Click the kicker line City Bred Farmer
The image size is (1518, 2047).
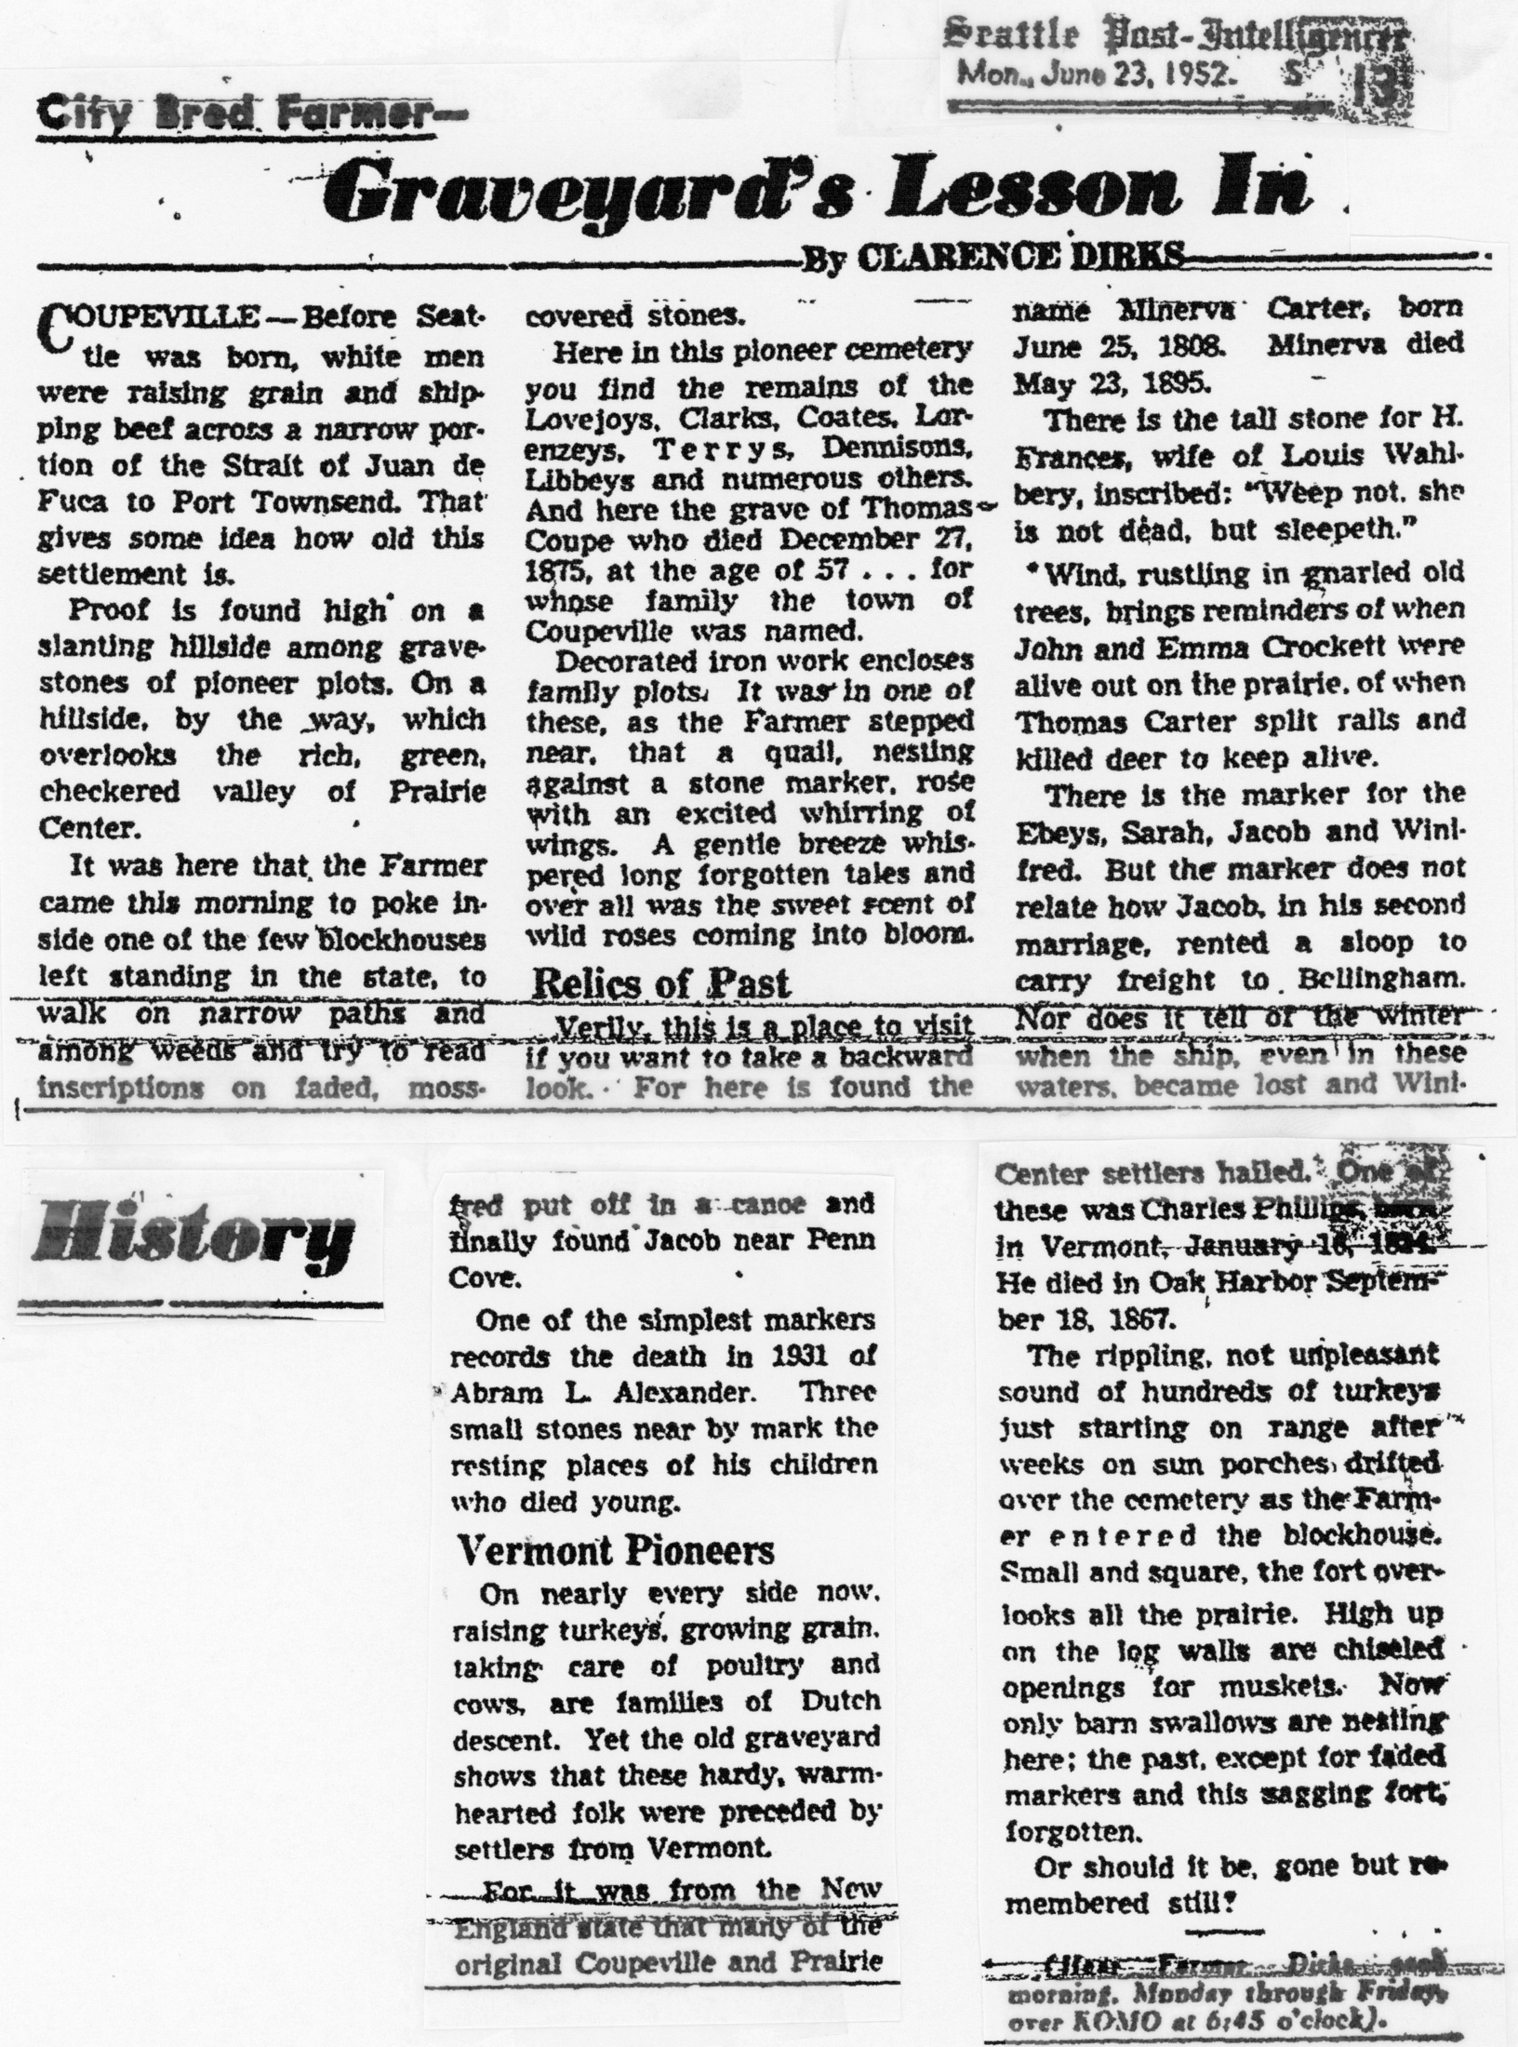(x=251, y=118)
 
